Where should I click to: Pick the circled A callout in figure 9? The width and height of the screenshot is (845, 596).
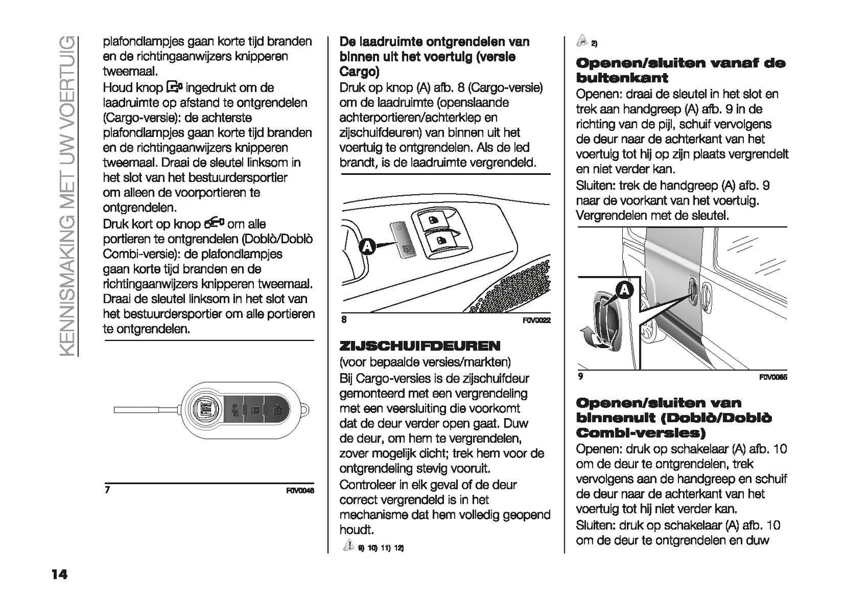tap(625, 290)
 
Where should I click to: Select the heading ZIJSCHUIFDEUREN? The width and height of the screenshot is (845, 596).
tap(420, 346)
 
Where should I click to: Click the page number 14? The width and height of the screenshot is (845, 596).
tap(58, 574)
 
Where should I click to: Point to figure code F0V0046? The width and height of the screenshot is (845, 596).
tap(300, 491)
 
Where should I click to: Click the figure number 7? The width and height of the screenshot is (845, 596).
tap(106, 490)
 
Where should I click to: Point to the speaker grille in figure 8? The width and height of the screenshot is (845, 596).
tap(515, 287)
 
